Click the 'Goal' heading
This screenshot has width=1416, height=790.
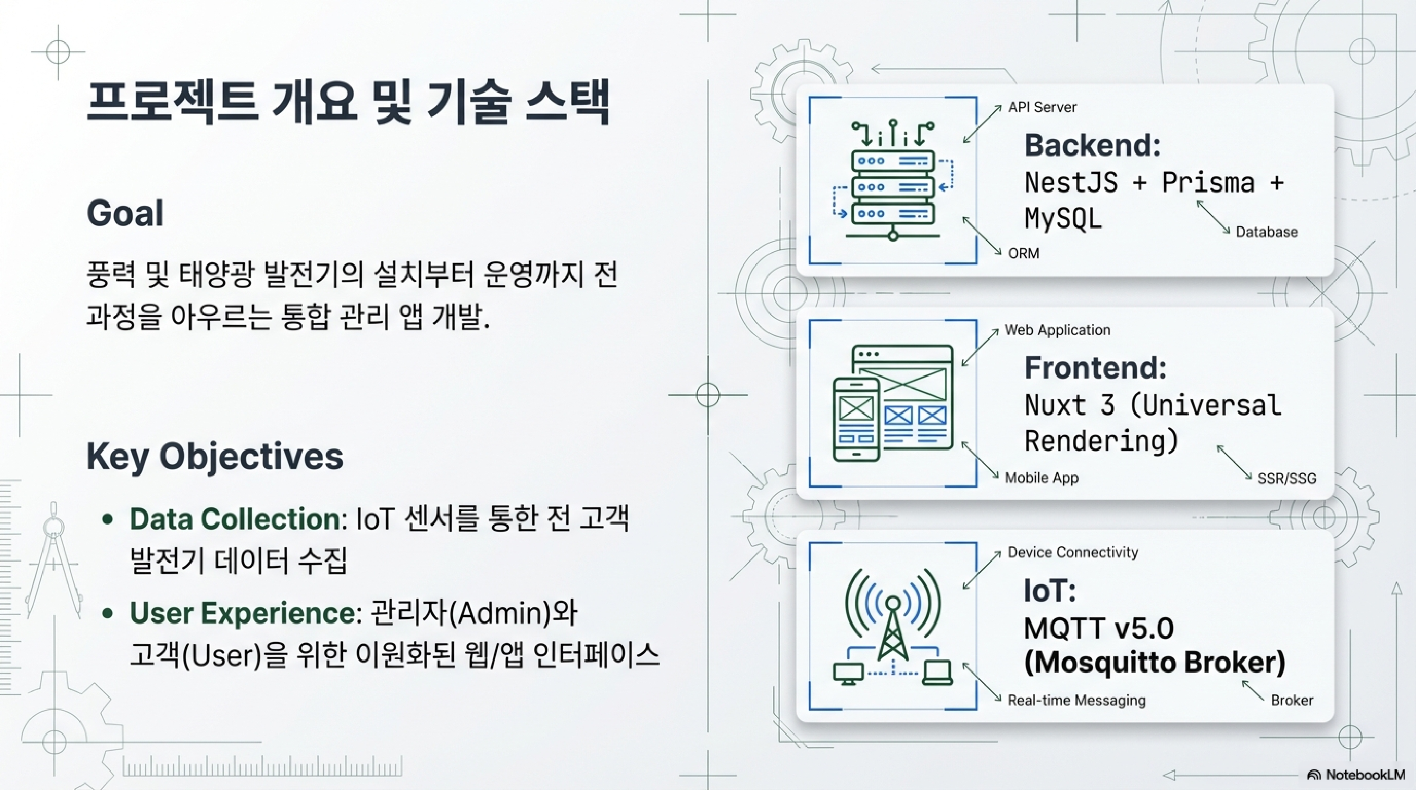pyautogui.click(x=125, y=213)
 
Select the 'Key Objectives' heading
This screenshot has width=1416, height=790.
pyautogui.click(x=215, y=457)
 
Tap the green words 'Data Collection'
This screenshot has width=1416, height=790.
pyautogui.click(x=235, y=519)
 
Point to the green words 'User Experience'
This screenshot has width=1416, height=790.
pyautogui.click(x=243, y=613)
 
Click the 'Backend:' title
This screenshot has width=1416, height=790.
pyautogui.click(x=1092, y=146)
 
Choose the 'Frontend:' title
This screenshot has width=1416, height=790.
pyautogui.click(x=1095, y=367)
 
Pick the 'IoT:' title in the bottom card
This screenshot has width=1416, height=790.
pyautogui.click(x=1050, y=591)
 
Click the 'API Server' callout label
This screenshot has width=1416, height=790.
pyautogui.click(x=1042, y=107)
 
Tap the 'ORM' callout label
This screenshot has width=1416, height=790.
pyautogui.click(x=1023, y=253)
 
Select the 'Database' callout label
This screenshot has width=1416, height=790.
pyautogui.click(x=1266, y=232)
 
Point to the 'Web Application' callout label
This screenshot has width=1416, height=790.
pyautogui.click(x=1057, y=330)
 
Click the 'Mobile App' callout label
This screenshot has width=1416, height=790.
pyautogui.click(x=1041, y=478)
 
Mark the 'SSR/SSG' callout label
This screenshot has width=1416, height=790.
pyautogui.click(x=1287, y=478)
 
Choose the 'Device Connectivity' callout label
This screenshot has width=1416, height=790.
pyautogui.click(x=1072, y=552)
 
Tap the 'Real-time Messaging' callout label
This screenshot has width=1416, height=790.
pyautogui.click(x=1076, y=701)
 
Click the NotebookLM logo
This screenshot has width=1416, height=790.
pyautogui.click(x=1356, y=775)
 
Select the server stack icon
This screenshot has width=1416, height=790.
pyautogui.click(x=892, y=181)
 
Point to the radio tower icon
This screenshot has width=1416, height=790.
pyautogui.click(x=892, y=626)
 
